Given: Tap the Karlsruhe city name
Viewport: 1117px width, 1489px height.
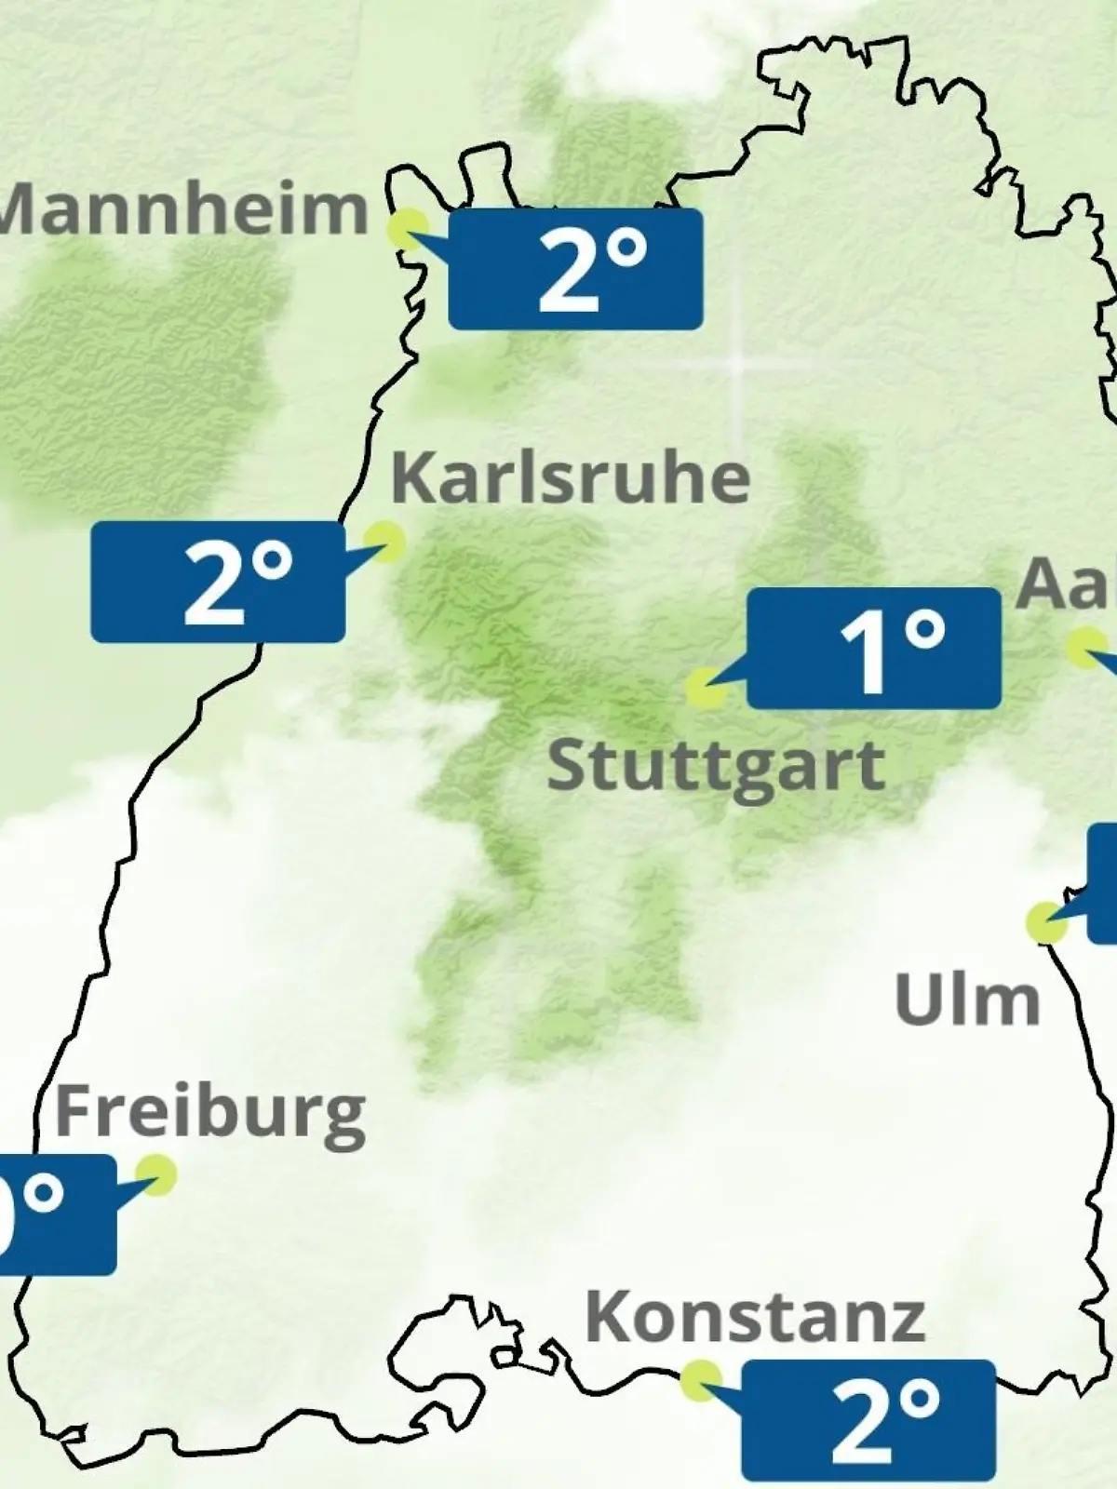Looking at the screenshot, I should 570,477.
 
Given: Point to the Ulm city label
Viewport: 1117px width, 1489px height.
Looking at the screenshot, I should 966,1000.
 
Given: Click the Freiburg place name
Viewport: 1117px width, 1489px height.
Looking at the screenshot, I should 210,1113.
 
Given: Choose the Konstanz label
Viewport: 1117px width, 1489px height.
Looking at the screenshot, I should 755,1317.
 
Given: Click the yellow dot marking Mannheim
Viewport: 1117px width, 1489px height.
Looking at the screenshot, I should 407,228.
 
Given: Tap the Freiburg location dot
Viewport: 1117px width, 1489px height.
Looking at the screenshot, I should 155,1174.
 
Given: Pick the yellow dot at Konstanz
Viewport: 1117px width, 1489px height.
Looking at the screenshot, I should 700,1380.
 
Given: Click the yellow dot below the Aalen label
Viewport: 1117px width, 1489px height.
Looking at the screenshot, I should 1085,648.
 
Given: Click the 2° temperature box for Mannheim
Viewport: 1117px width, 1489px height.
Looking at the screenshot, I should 575,269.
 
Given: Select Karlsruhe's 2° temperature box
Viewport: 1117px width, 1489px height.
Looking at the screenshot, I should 218,582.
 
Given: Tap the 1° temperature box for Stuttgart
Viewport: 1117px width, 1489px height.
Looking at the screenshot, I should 874,648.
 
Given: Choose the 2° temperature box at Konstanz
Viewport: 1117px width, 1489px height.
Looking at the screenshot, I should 868,1419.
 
